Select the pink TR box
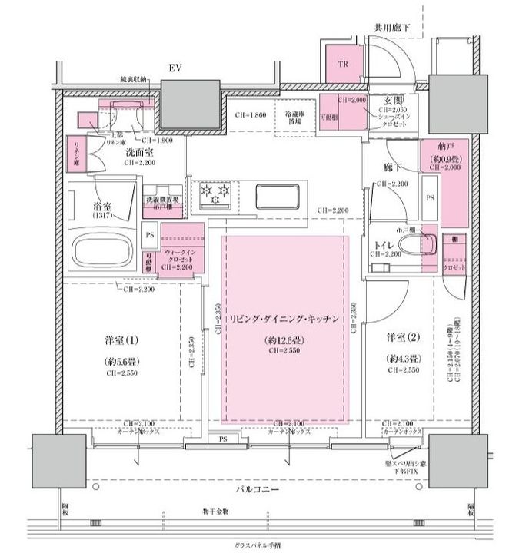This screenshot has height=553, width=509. point(342,65)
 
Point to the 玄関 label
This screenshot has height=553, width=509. point(384,101)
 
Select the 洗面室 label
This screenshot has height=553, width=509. point(140,153)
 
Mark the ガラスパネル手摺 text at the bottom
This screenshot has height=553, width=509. point(258,545)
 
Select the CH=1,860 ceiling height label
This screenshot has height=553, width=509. point(251,115)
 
